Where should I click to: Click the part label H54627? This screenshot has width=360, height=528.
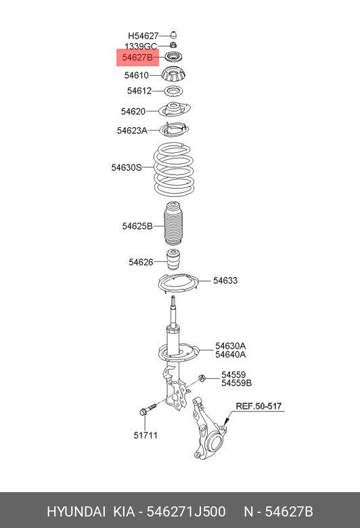[x=143, y=36]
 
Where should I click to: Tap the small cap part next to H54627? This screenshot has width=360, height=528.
[x=173, y=35]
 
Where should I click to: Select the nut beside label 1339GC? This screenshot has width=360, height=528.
[x=173, y=45]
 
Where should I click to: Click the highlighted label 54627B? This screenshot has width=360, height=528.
[x=137, y=58]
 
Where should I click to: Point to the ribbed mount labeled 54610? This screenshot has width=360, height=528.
[x=174, y=74]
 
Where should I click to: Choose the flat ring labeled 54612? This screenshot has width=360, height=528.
[x=173, y=91]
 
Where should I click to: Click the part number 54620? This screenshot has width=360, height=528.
[x=133, y=112]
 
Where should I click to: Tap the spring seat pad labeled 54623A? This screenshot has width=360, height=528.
[x=174, y=130]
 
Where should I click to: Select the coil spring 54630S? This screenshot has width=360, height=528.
[x=174, y=169]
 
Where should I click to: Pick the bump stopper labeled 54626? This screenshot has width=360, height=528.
[x=173, y=260]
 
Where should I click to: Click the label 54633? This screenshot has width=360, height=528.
[x=225, y=280]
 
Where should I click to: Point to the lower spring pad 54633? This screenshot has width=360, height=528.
[x=179, y=284]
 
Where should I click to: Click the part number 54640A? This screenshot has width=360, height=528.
[x=231, y=355]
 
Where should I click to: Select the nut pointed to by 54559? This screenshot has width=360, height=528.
[x=202, y=378]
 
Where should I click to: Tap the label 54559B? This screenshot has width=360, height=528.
[x=237, y=383]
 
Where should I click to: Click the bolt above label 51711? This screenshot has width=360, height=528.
[x=148, y=409]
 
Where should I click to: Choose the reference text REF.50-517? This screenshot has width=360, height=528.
[x=258, y=406]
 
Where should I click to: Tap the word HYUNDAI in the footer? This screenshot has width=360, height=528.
[x=76, y=512]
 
